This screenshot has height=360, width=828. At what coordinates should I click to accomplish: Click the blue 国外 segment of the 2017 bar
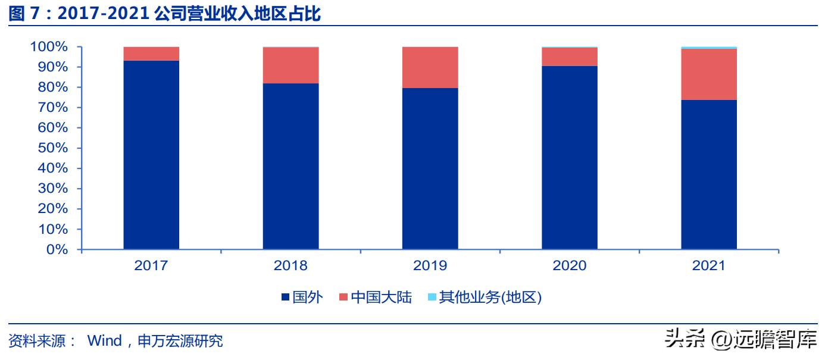[151, 155]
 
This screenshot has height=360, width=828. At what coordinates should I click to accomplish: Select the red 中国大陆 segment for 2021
[709, 74]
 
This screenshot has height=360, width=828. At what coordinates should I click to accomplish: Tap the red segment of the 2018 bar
[290, 65]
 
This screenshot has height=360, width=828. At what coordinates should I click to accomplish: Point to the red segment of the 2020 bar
[570, 57]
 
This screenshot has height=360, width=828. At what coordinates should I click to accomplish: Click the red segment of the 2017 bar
[151, 54]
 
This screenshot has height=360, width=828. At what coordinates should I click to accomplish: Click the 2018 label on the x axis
[290, 265]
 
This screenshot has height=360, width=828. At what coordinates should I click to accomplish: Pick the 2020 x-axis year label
[570, 265]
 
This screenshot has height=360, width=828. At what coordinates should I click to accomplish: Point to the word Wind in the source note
[104, 341]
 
